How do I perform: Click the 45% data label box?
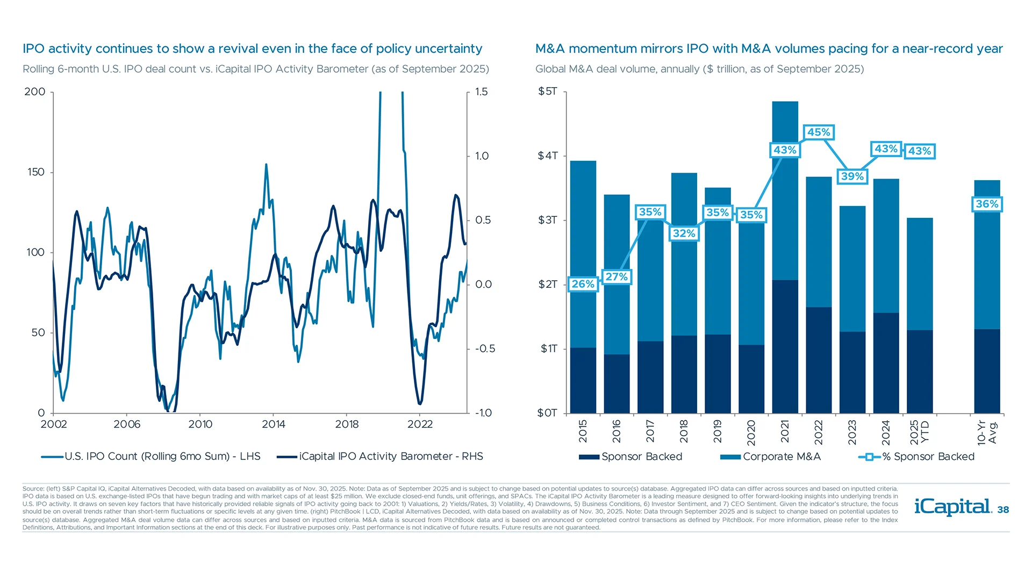pyautogui.click(x=819, y=132)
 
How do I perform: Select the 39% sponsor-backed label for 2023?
pyautogui.click(x=852, y=176)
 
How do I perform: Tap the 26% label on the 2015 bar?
pyautogui.click(x=583, y=284)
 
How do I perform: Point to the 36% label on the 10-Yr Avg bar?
pyautogui.click(x=987, y=204)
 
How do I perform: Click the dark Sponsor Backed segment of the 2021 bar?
pyautogui.click(x=785, y=347)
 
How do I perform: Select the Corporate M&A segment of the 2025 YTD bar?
pyautogui.click(x=920, y=274)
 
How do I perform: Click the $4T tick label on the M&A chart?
pyautogui.click(x=548, y=156)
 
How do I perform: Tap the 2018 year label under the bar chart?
pyautogui.click(x=684, y=432)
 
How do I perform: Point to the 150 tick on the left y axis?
pyautogui.click(x=36, y=172)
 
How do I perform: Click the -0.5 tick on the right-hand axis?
pyautogui.click(x=485, y=349)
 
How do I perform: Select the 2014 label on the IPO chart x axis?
pyautogui.click(x=273, y=424)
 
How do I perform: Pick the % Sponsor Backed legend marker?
pyautogui.click(x=869, y=457)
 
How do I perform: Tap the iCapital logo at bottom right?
pyautogui.click(x=952, y=507)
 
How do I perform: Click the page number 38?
pyautogui.click(x=1003, y=510)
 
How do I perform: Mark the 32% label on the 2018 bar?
pyautogui.click(x=684, y=233)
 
